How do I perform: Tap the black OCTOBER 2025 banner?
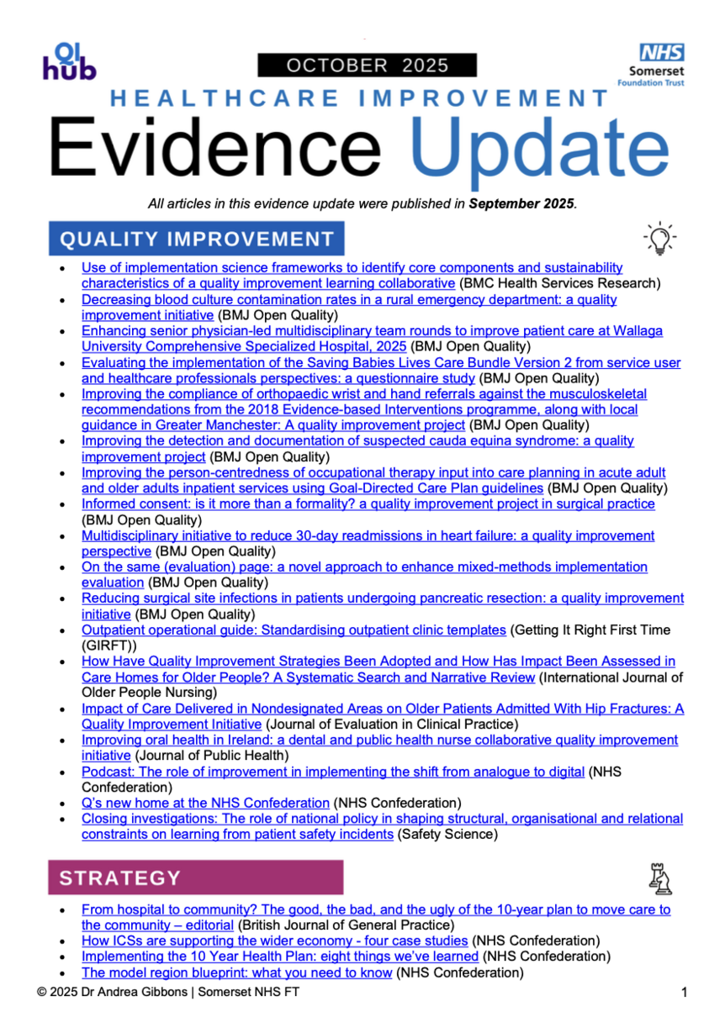click(368, 66)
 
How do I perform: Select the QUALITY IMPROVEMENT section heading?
click(197, 239)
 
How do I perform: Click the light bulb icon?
click(660, 240)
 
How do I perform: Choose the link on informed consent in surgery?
click(368, 504)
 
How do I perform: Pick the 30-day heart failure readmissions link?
click(368, 535)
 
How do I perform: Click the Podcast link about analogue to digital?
click(332, 772)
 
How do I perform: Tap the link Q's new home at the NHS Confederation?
click(205, 803)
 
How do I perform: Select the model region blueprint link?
click(236, 972)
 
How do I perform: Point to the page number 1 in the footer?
click(684, 993)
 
